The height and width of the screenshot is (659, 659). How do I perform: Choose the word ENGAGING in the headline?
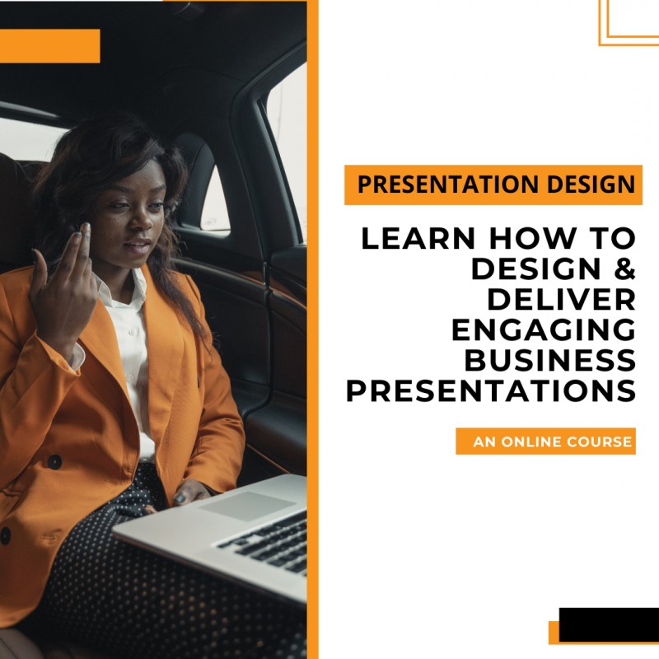tap(544, 329)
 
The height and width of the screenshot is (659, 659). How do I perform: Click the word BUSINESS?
tap(550, 359)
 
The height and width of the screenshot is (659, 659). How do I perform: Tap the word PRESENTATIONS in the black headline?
tap(491, 390)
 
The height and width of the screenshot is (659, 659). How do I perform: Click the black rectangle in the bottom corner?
tap(608, 624)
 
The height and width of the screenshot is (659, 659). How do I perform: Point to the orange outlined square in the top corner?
tap(629, 21)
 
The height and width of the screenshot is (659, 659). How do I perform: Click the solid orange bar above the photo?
tap(49, 46)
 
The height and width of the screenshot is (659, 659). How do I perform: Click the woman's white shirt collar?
tap(124, 297)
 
